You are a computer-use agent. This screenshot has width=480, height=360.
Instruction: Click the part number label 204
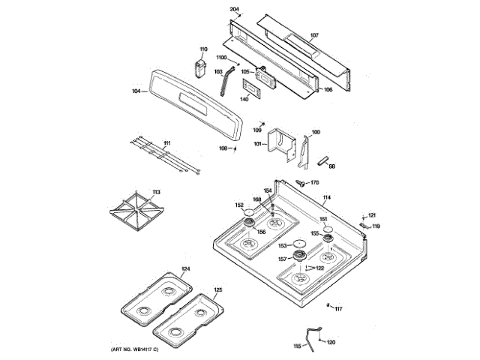point(234,8)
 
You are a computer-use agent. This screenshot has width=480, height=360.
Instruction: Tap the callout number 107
point(314,35)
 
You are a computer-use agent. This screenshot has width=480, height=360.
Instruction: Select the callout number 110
point(201,49)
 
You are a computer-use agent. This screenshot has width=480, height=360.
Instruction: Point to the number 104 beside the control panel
point(136,91)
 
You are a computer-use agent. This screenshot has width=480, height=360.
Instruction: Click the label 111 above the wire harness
point(166,142)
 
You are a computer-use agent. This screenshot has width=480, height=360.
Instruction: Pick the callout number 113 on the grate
point(156,193)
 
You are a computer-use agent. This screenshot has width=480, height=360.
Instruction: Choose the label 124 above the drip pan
point(185,268)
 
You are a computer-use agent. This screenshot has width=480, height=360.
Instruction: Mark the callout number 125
point(217,289)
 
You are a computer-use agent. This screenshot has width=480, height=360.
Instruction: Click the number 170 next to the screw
point(314,182)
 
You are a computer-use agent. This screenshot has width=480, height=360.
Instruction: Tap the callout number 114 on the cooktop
point(327,198)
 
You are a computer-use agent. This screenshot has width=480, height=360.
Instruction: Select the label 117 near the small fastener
point(338,309)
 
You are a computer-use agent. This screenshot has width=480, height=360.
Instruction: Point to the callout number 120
point(331,341)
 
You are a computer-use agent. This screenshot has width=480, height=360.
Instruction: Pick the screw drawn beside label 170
point(300,182)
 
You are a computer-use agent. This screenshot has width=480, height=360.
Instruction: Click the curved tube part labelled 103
point(226,82)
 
